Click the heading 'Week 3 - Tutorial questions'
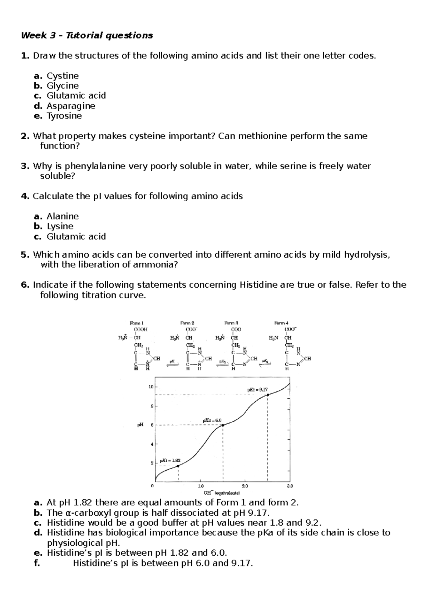87,35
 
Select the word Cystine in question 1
63,76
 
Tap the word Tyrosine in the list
64,116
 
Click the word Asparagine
71,106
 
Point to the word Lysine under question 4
60,226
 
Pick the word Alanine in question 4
63,216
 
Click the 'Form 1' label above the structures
137,323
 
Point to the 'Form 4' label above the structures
281,323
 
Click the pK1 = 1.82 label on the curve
170,460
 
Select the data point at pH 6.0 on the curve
223,425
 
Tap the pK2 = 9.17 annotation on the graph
257,390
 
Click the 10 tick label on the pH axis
151,387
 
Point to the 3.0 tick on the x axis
290,486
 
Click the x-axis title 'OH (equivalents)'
222,493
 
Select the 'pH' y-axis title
140,425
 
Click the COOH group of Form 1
140,329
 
